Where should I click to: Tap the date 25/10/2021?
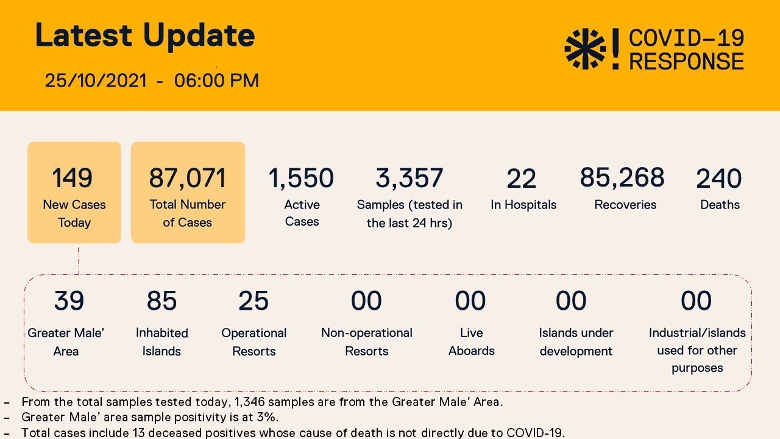[96, 80]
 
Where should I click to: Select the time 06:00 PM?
[216, 80]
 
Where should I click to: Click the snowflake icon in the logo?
[585, 49]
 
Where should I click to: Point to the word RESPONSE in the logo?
[686, 62]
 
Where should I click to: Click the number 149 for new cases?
[73, 179]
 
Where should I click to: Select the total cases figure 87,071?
[188, 179]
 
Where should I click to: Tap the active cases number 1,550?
[301, 179]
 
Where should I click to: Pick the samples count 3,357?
[409, 179]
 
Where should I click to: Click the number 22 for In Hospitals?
[522, 179]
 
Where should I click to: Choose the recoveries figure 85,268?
[622, 177]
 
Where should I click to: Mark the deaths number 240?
[719, 179]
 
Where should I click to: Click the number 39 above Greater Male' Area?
[69, 301]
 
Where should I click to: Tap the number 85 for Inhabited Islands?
[161, 301]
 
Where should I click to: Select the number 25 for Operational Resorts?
[253, 301]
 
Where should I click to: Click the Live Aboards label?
[471, 341]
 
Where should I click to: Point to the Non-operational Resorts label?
[367, 341]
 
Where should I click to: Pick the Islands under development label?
[576, 341]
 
